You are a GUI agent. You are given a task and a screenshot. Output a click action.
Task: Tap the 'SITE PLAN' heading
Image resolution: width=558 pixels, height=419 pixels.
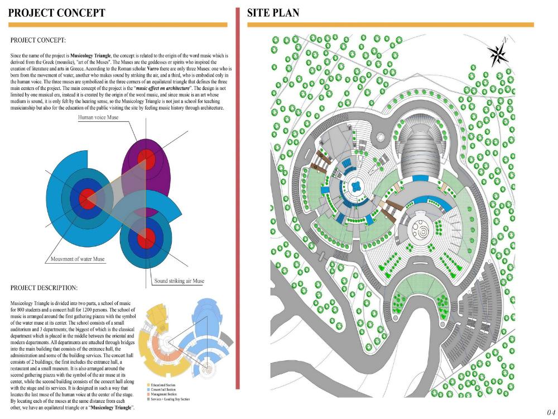tap(273, 12)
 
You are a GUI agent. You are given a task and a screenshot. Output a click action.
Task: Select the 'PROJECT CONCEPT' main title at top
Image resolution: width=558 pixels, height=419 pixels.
tap(57, 12)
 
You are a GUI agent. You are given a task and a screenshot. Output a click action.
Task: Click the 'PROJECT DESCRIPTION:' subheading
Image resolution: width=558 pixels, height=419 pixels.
tap(44, 288)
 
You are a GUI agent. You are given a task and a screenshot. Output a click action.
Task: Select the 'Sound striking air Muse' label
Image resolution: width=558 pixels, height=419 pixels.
tap(179, 281)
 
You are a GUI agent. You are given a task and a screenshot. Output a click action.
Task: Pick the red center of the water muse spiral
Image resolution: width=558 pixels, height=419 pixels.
tap(87, 197)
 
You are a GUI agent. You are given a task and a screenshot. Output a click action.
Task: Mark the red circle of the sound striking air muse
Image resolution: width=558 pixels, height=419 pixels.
tap(146, 239)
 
